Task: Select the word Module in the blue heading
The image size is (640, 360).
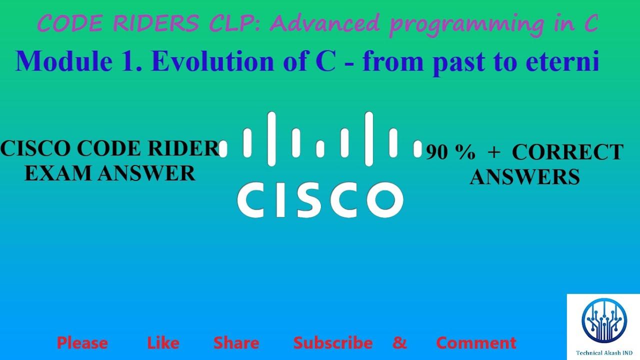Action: [64, 61]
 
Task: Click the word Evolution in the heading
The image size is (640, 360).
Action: [213, 61]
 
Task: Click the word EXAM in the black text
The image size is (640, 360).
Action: [58, 173]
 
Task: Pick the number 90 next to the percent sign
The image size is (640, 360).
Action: [437, 152]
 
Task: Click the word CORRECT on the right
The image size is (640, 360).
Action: [568, 152]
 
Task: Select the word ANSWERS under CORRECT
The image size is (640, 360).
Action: [525, 177]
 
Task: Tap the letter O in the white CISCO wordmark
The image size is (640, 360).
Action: [385, 199]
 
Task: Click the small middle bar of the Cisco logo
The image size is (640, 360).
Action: [320, 149]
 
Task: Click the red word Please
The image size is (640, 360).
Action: [82, 343]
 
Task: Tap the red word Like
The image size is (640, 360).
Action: [163, 343]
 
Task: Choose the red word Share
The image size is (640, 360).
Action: [236, 343]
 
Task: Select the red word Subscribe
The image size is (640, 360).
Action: [333, 343]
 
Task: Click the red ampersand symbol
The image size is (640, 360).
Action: [399, 342]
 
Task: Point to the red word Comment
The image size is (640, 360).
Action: [476, 343]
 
